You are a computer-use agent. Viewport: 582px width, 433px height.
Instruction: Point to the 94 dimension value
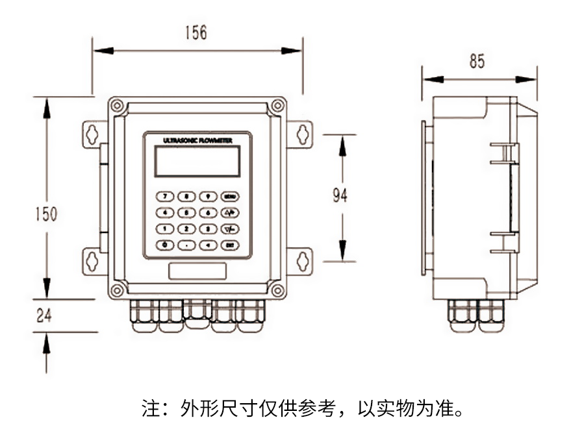[x=340, y=195]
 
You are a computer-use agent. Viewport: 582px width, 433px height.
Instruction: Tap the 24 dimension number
[x=44, y=316]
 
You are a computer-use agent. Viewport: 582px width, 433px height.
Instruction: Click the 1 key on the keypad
[x=166, y=229]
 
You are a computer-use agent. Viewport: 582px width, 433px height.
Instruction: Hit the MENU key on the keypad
[x=229, y=196]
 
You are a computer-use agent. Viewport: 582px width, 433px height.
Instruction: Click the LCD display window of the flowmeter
[x=197, y=161]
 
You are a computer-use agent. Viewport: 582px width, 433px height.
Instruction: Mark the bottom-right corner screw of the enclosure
[x=277, y=290]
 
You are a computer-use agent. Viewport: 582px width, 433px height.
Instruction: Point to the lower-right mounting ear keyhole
[x=301, y=261]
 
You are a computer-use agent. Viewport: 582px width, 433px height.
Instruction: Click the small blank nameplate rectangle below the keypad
[x=197, y=271]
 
